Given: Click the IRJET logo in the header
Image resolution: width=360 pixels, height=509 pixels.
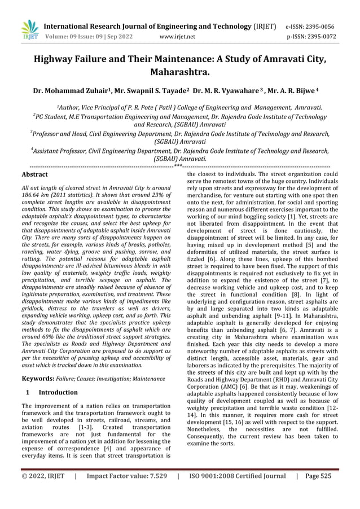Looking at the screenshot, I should [x=29, y=30].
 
